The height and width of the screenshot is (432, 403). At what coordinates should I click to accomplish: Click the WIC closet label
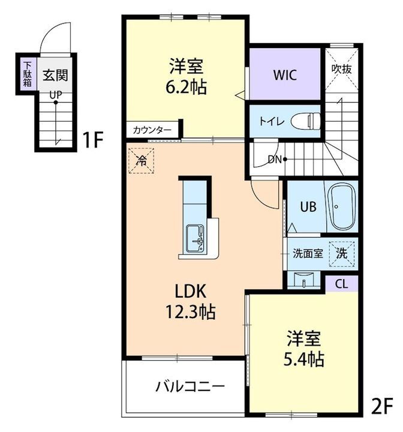tap(285, 76)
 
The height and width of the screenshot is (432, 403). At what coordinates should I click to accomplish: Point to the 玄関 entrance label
tap(55, 76)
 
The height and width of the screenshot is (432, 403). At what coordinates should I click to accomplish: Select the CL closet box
tap(341, 284)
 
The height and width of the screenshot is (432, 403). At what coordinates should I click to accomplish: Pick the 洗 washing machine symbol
tap(341, 254)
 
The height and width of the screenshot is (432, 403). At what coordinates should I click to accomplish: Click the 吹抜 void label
tap(342, 68)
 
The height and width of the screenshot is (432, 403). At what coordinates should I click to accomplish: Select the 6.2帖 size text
tap(186, 88)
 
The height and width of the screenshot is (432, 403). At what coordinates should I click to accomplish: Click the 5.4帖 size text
tap(304, 359)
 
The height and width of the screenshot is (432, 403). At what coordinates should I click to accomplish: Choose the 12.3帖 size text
tap(191, 312)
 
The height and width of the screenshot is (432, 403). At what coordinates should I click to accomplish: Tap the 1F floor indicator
tap(93, 140)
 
